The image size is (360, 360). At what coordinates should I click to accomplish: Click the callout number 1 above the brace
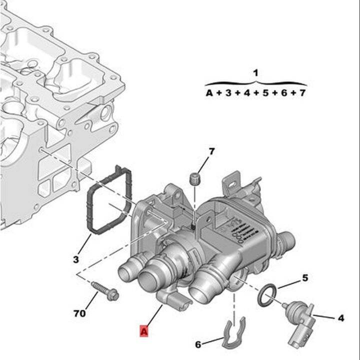click(x=255, y=73)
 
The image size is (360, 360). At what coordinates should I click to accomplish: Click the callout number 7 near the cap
click(x=211, y=151)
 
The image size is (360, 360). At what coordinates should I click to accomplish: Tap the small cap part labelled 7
click(x=195, y=178)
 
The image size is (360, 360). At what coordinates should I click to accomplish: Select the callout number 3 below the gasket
click(x=76, y=259)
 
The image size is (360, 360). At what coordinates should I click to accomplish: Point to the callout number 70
click(x=79, y=314)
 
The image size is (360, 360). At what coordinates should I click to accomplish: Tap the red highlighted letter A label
click(x=144, y=330)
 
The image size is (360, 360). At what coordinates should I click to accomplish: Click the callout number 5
click(x=304, y=277)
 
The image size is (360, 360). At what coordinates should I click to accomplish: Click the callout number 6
click(x=198, y=344)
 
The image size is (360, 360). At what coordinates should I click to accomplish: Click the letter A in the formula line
click(x=209, y=93)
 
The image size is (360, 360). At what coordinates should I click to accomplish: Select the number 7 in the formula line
click(x=301, y=93)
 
